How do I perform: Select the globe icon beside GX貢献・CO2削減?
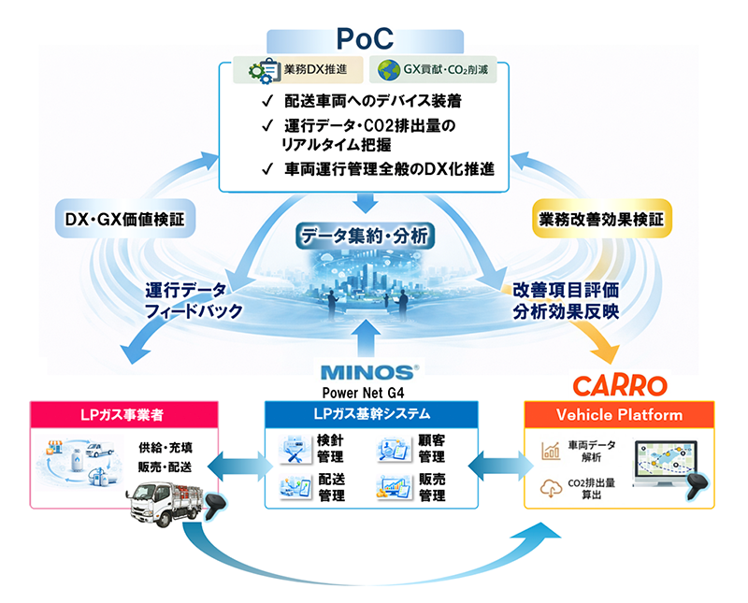tap(386, 71)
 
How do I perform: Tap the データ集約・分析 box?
tap(365, 236)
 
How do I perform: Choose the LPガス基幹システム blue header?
tap(371, 415)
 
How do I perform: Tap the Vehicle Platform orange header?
tap(619, 415)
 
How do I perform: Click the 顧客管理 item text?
tap(431, 450)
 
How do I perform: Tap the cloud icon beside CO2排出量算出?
tap(551, 487)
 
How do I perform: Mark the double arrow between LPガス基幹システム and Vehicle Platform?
tap(500, 463)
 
